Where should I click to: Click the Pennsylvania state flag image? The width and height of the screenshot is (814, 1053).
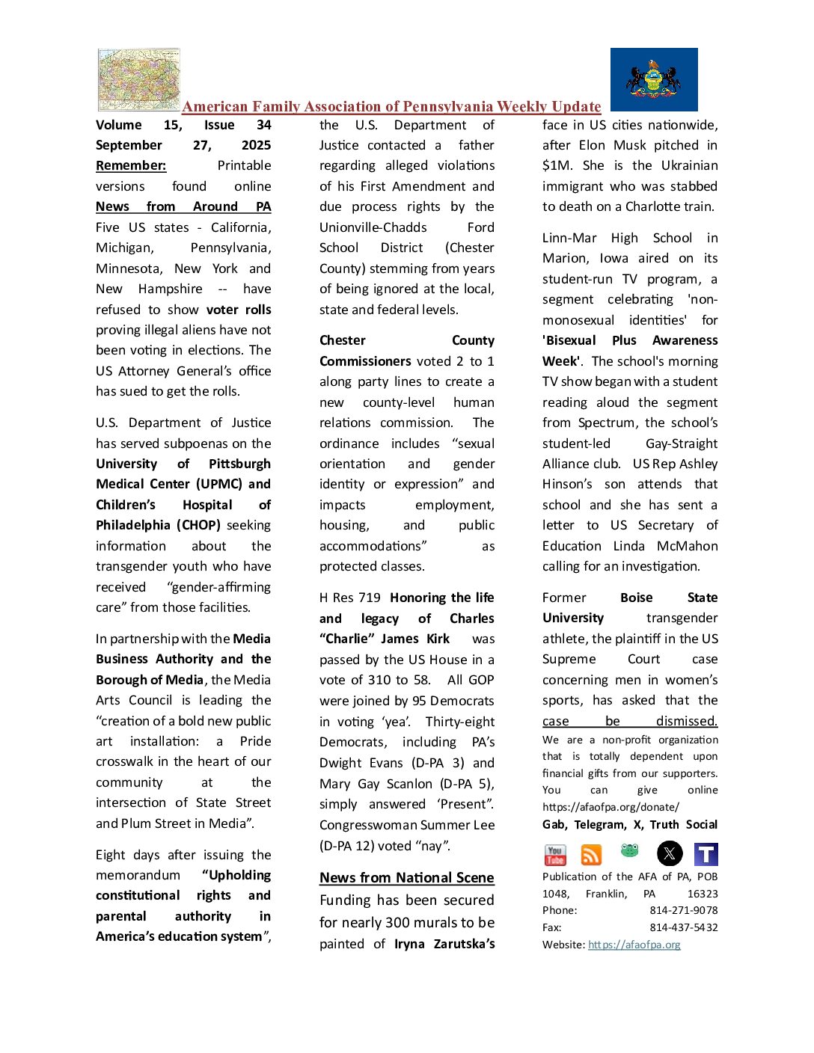pos(654,79)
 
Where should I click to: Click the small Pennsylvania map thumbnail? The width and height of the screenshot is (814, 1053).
pos(139,79)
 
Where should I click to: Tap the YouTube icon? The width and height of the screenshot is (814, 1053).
pos(555,854)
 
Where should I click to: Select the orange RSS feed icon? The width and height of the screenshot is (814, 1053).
pos(591,854)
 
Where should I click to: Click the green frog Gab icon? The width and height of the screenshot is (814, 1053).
pos(630,850)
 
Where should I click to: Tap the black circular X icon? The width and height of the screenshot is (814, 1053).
pos(670,853)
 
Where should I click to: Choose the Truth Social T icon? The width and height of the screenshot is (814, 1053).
pos(706,854)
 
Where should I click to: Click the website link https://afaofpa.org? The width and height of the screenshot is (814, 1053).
pos(634,945)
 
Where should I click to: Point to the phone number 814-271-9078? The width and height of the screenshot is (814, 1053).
pos(683,910)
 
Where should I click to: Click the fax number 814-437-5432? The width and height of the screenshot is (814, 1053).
pos(683,927)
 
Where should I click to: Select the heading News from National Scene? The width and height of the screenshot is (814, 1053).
pos(406,877)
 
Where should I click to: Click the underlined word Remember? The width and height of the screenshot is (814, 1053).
pos(131,165)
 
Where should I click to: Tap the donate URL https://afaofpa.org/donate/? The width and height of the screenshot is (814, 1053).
pos(610,807)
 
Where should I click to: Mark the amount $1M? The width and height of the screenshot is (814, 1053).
pos(556,165)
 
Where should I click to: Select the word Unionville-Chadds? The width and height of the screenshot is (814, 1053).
pos(373,227)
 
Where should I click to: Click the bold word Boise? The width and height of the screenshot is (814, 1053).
pos(636,598)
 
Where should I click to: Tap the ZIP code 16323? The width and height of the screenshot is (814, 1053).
pos(703,894)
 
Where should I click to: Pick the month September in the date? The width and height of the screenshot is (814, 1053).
pos(129,145)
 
